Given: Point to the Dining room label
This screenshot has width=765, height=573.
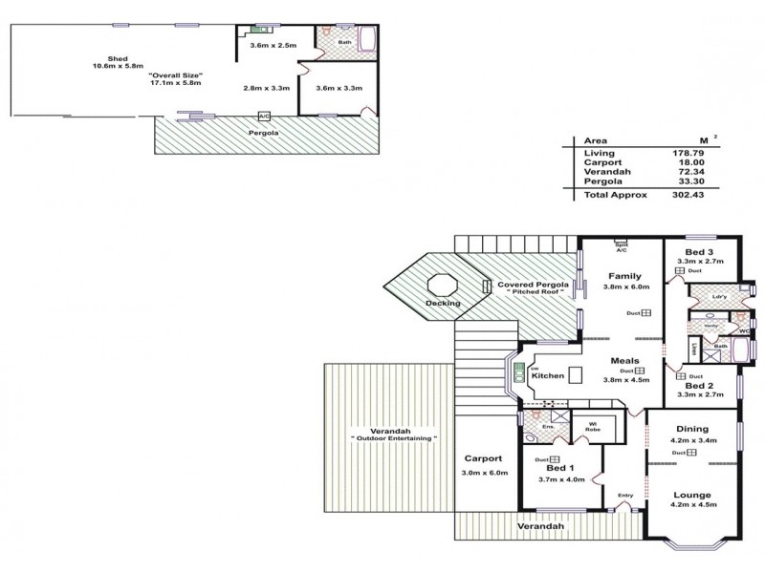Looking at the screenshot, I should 691,429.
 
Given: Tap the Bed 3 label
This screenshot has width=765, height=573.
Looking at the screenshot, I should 701,249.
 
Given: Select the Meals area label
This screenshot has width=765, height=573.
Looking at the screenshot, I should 626,360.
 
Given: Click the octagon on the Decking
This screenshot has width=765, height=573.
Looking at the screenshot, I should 443,286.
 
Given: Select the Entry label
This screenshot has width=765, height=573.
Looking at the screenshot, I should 625,495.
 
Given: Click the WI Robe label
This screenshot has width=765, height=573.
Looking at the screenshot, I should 592,426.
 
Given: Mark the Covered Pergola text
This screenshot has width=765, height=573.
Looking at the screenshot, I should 533,285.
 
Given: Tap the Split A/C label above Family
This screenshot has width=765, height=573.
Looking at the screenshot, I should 622,245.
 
